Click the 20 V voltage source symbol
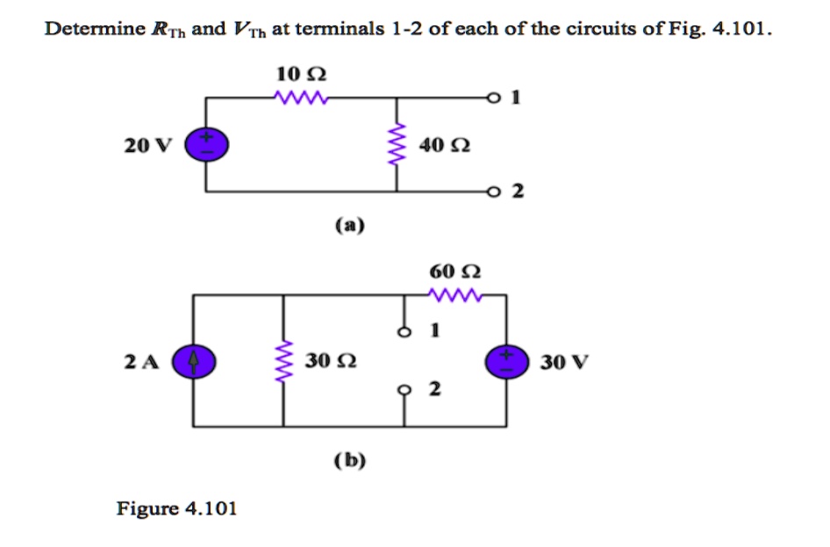tap(206, 144)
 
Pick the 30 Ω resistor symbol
tap(283, 362)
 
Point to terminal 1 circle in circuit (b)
tap(404, 333)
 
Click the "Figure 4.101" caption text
tap(177, 508)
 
